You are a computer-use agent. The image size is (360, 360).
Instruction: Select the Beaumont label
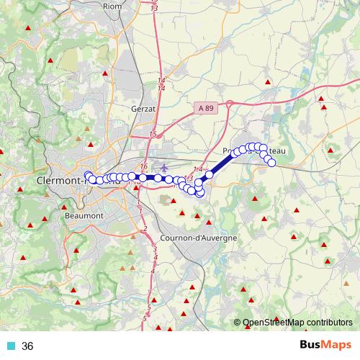coord(84,215)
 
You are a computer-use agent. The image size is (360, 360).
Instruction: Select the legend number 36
coord(28,346)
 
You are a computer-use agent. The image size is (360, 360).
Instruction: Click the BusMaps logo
coord(325,345)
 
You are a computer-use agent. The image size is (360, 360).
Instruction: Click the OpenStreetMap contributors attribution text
coord(297,323)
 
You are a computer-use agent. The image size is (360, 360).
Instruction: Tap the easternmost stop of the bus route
coord(272,163)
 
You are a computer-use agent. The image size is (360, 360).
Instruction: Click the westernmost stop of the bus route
coord(89,175)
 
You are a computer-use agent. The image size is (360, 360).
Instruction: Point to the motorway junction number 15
coord(153,134)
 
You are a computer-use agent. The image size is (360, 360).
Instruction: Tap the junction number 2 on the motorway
coord(145,229)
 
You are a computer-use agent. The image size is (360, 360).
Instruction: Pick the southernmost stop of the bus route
coord(199,192)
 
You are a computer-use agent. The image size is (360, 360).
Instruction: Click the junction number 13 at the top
coord(155,6)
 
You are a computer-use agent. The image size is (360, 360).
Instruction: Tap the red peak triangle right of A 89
coord(268,82)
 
